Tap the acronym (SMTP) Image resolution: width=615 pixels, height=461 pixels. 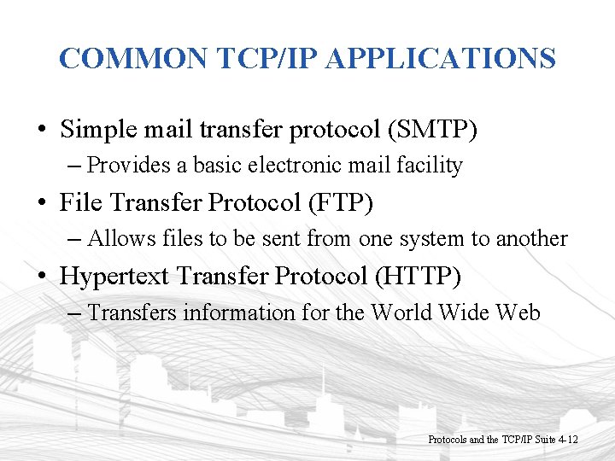pos(432,130)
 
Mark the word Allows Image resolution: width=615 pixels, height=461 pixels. pos(119,238)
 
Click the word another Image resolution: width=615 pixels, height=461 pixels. pos(535,238)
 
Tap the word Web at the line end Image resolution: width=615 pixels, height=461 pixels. pos(518,312)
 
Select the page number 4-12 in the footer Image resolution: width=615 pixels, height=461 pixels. pos(569,440)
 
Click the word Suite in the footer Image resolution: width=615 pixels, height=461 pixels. pos(544,440)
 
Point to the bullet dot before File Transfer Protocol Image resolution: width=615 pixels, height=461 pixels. pos(41,205)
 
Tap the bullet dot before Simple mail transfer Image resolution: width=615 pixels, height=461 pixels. pos(41,131)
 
